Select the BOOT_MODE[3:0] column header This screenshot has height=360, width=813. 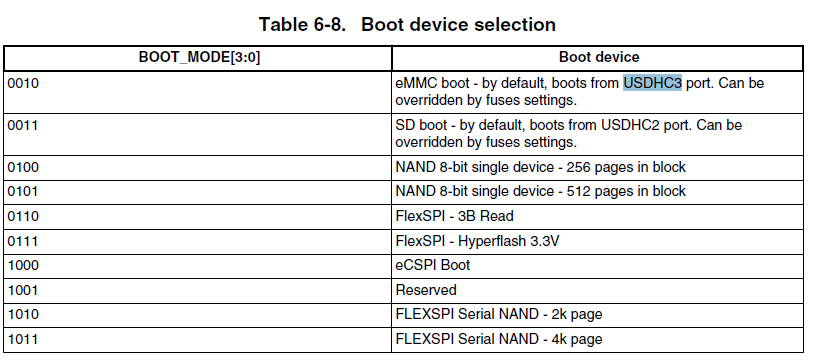coord(200,58)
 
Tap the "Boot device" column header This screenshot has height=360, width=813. coord(598,58)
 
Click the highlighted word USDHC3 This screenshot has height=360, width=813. coord(652,83)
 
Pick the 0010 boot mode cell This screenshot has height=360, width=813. coord(23,83)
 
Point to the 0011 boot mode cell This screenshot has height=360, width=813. coord(23,125)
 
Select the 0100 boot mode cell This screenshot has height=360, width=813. coord(23,167)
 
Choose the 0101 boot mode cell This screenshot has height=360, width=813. coord(23,191)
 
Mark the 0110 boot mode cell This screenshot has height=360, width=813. coord(23,216)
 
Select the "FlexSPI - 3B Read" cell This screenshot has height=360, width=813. coord(455,216)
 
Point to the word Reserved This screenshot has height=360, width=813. coord(427,290)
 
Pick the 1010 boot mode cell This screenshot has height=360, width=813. coord(23,314)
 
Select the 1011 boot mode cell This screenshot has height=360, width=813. coord(23,339)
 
